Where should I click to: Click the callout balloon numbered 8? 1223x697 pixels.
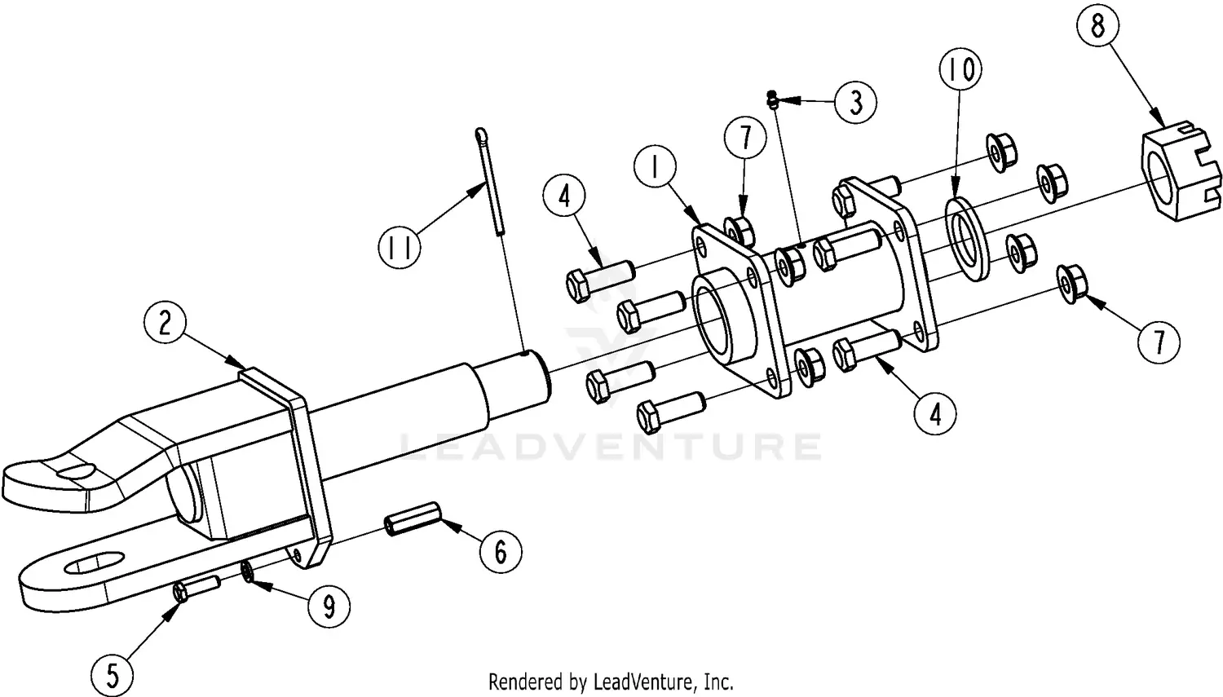(1097, 27)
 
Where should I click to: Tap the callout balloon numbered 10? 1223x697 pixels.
(961, 70)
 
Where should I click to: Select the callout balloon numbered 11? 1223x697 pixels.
(400, 245)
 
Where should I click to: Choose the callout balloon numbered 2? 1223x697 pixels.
(166, 323)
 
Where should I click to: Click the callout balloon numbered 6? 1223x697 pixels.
(500, 552)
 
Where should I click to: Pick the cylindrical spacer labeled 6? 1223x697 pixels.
(413, 520)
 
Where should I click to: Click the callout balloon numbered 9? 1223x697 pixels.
(329, 607)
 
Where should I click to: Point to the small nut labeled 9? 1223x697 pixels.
(248, 575)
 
